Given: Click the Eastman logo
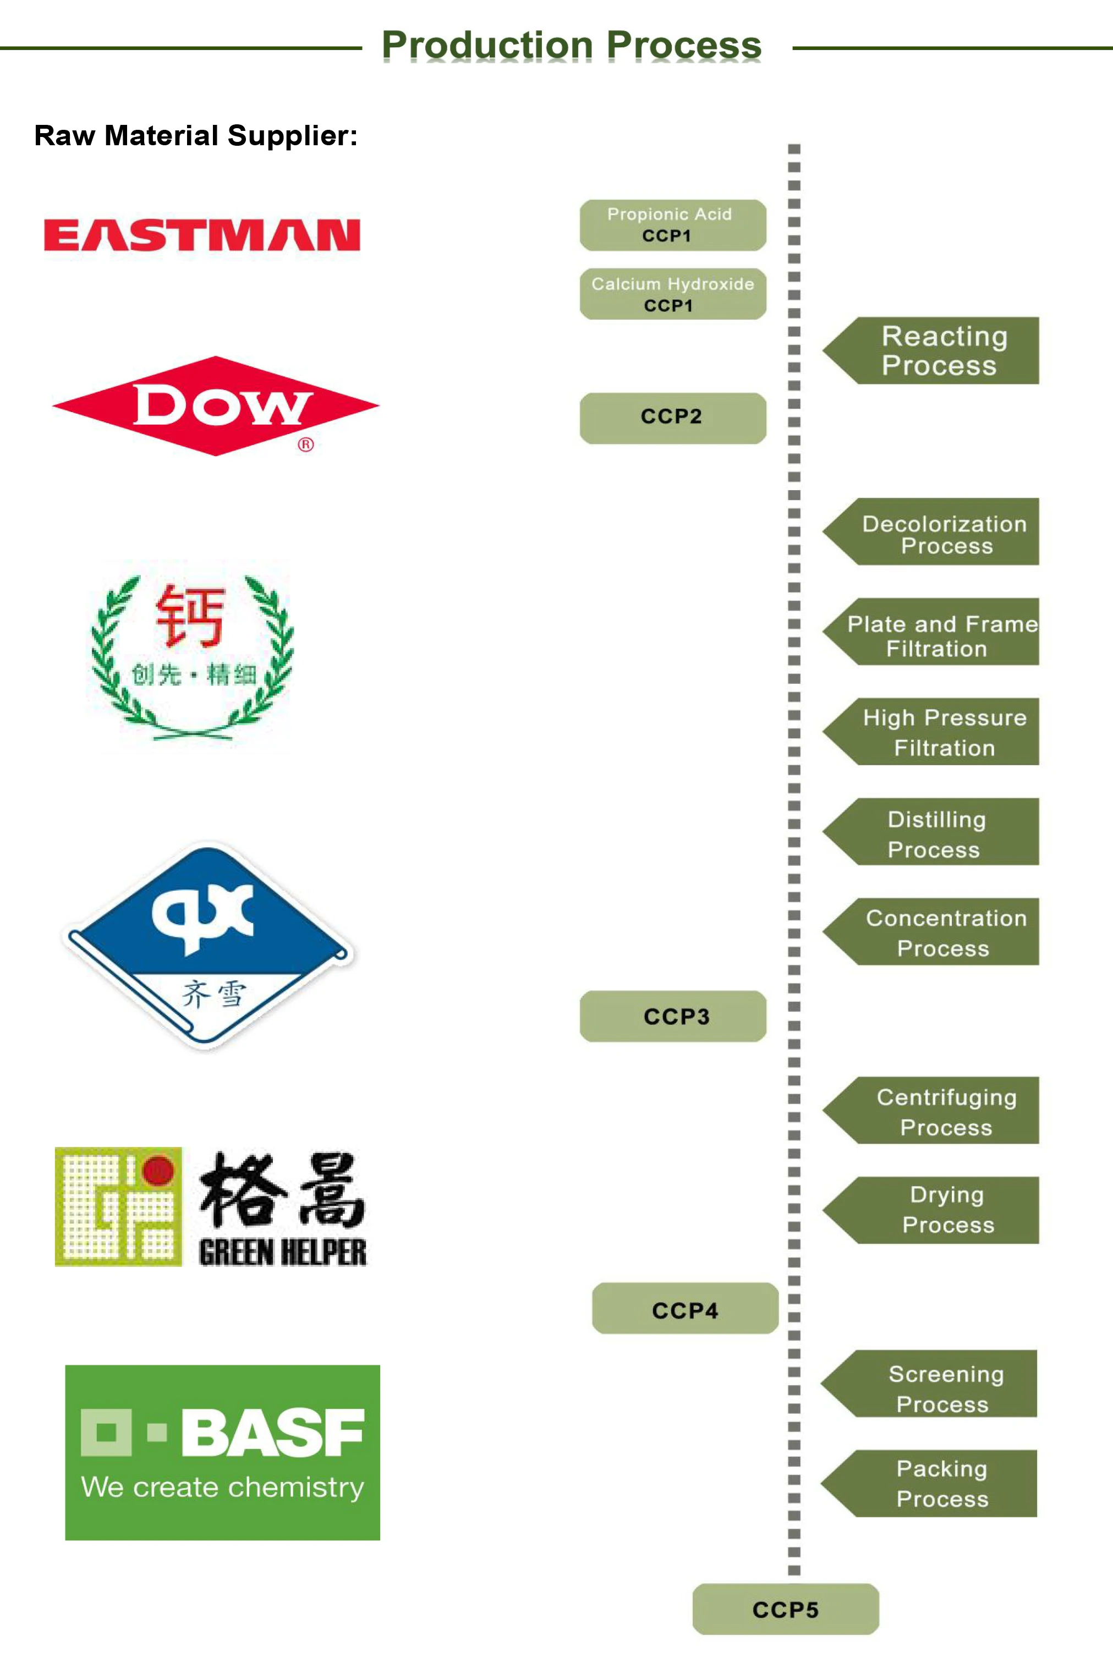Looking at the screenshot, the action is point(201,235).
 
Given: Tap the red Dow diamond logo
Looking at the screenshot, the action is point(215,406).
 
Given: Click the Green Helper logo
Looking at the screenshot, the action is point(211,1207).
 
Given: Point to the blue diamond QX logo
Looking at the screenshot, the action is point(208,944).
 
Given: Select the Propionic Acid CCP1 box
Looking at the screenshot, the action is point(672,225).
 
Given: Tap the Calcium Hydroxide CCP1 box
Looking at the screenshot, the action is point(672,294).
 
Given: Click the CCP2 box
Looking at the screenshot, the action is point(672,418).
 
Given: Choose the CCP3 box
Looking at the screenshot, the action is point(672,1016).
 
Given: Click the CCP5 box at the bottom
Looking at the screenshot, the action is point(785,1609).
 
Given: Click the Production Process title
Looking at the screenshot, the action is point(572,46).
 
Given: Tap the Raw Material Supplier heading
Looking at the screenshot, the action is point(196,135).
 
